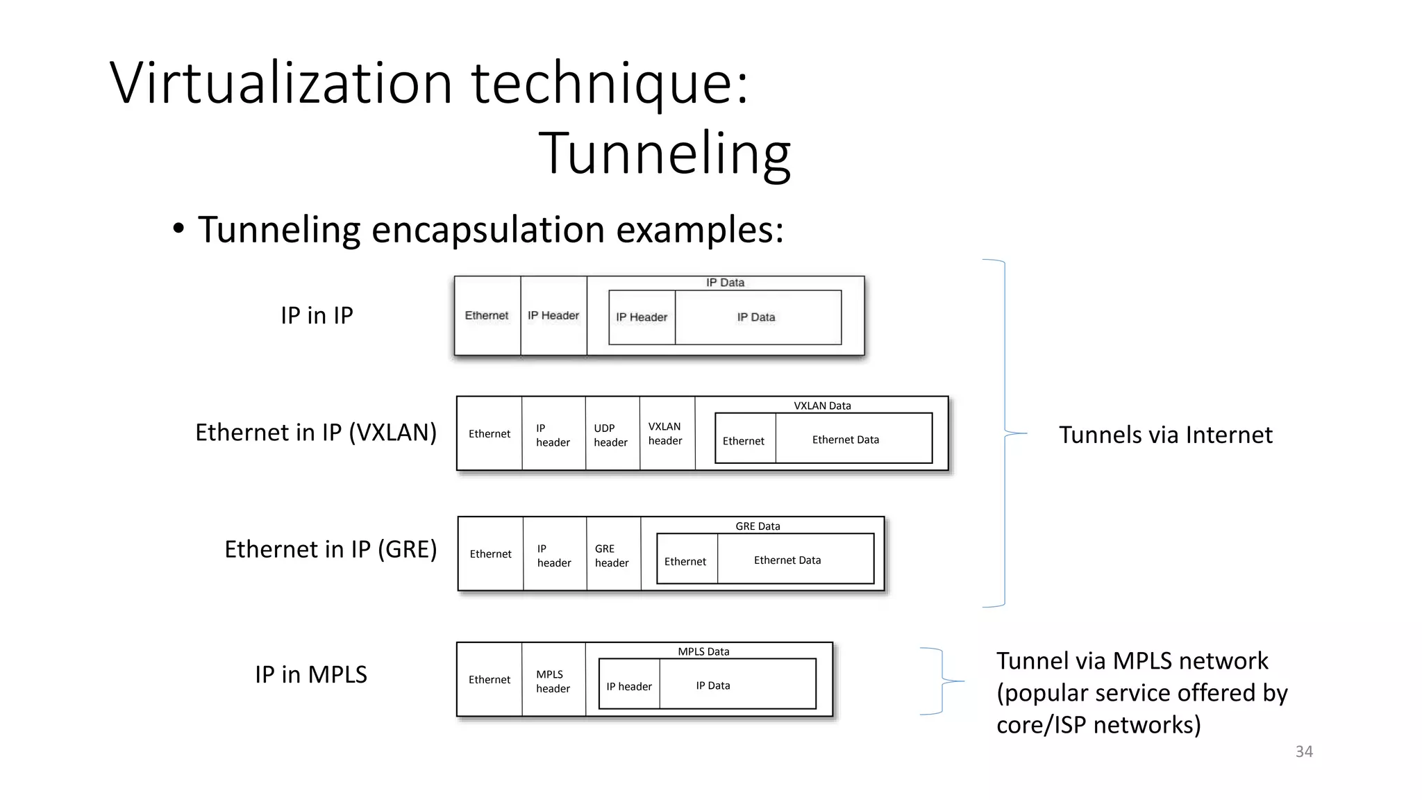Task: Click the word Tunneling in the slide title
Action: click(x=664, y=153)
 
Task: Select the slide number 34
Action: click(x=1304, y=751)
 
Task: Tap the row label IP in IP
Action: click(x=317, y=315)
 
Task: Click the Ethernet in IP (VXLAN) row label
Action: click(x=316, y=433)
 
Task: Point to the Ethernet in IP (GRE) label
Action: click(x=331, y=549)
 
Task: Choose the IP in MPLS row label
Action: click(x=310, y=674)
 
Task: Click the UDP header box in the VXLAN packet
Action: click(x=611, y=435)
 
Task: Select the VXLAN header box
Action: click(x=666, y=434)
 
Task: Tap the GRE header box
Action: click(x=612, y=556)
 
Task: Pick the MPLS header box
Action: click(x=553, y=681)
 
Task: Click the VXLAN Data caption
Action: click(x=822, y=406)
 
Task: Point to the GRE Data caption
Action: click(x=758, y=526)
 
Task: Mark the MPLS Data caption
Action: click(x=703, y=651)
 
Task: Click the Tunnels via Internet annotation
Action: click(x=1165, y=435)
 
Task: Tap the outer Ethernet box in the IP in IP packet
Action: click(x=487, y=316)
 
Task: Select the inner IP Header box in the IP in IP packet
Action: click(x=642, y=317)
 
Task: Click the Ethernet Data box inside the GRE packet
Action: click(x=788, y=560)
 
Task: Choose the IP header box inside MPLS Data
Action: click(x=629, y=686)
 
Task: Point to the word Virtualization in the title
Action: click(x=281, y=84)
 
